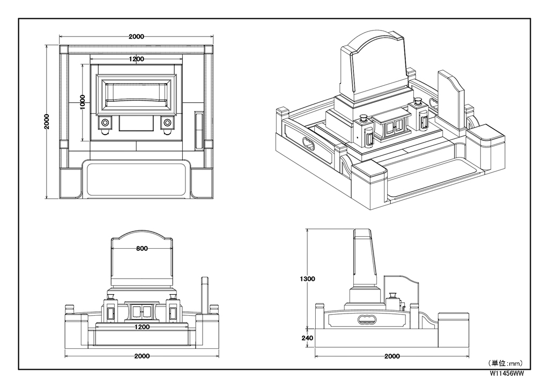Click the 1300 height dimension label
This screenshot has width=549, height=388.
click(307, 279)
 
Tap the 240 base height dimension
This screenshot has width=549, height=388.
click(307, 338)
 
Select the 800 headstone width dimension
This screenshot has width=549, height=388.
click(142, 249)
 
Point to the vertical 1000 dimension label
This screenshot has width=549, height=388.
click(83, 102)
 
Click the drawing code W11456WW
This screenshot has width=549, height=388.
click(507, 374)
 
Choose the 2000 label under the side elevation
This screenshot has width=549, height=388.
click(392, 356)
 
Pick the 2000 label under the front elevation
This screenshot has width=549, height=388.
click(142, 356)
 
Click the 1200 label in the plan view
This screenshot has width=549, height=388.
click(136, 59)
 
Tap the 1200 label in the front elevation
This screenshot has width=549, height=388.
click(142, 327)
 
